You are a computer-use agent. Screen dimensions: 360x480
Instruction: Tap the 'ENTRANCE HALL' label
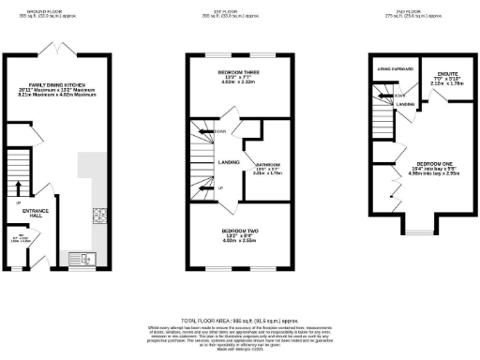click(x=36, y=212)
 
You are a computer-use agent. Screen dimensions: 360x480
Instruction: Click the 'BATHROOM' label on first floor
click(x=267, y=162)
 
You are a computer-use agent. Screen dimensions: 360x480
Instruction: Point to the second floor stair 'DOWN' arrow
click(x=385, y=95)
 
